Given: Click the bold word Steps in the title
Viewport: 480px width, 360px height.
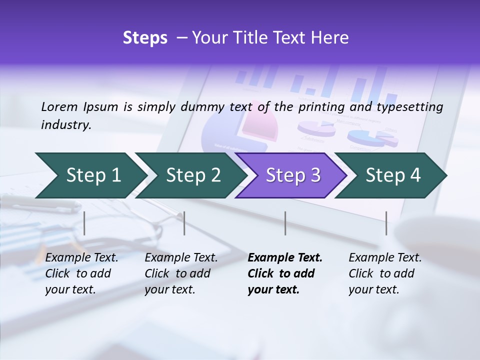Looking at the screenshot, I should click(x=145, y=38).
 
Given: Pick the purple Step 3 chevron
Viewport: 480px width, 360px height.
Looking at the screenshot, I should click(x=293, y=175).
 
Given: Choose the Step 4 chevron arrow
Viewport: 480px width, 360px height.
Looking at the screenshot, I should click(x=393, y=175).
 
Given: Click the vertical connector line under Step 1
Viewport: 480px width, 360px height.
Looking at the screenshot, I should click(x=84, y=223).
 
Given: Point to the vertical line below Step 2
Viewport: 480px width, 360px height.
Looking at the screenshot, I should click(x=184, y=223).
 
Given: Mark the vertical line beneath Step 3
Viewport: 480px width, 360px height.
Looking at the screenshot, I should click(x=285, y=223).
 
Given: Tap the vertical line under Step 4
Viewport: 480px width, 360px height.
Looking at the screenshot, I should click(x=386, y=223).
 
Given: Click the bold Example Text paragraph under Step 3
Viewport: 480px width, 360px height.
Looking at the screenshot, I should click(x=285, y=273).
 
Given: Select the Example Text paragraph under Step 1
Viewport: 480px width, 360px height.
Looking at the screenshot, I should click(x=81, y=273).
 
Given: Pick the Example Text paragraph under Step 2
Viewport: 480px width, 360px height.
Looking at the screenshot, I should click(x=181, y=273).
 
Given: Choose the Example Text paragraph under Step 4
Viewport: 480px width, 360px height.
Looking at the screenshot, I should click(x=385, y=273).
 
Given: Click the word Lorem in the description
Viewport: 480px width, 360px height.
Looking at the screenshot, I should click(x=59, y=106).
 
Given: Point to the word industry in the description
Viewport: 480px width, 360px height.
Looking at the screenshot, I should click(x=65, y=125).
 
